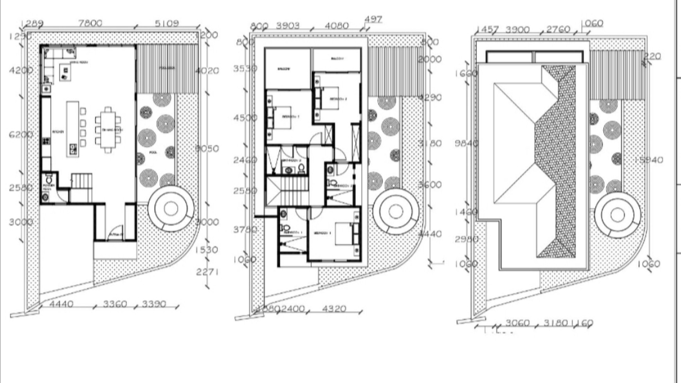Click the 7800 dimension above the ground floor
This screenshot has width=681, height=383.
tap(90, 23)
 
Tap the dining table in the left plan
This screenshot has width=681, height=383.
tap(108, 129)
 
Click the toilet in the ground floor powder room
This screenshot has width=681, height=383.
tap(49, 180)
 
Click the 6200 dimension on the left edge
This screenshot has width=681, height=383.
tap(21, 134)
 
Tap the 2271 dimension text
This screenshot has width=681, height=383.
tap(207, 272)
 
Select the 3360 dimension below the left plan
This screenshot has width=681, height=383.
tap(115, 304)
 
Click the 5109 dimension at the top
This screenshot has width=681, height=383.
tap(167, 23)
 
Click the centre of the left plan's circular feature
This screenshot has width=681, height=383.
tap(171, 209)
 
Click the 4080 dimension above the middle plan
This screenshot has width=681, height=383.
tap(337, 25)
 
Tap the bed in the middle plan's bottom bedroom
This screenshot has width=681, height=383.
tap(344, 234)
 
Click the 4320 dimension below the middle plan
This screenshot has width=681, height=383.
tap(334, 309)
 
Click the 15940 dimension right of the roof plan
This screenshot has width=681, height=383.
tap(649, 160)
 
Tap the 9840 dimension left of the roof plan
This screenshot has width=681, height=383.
tap(466, 143)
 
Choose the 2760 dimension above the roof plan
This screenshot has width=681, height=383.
tap(557, 29)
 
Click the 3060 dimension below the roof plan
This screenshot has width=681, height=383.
tap(517, 323)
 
